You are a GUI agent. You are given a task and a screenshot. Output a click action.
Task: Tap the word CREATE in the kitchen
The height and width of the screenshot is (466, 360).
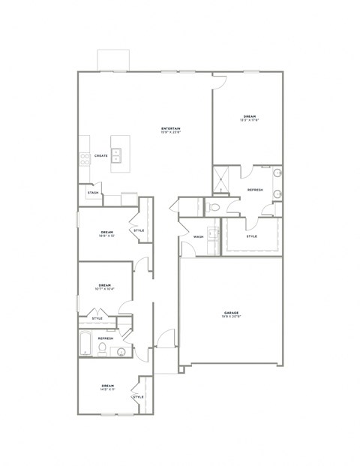[x=100, y=156]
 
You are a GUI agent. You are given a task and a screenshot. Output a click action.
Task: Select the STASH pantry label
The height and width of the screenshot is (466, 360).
[x=93, y=193]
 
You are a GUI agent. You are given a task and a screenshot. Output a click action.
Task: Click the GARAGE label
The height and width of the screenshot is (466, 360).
[x=231, y=312]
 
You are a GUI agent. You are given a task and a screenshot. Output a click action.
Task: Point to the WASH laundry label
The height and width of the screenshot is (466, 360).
[x=198, y=236]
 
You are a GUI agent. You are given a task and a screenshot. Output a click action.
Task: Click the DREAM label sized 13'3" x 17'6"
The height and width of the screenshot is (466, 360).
[x=249, y=116]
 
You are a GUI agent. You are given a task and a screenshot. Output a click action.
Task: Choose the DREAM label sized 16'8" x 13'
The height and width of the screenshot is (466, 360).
[x=106, y=233]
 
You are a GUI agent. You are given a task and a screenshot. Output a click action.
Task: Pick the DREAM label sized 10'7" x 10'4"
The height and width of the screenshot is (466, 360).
[x=104, y=285]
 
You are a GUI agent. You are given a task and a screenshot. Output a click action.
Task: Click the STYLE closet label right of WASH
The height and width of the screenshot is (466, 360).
[x=251, y=236]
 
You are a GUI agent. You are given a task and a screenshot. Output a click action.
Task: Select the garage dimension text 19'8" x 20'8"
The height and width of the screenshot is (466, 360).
[x=231, y=317]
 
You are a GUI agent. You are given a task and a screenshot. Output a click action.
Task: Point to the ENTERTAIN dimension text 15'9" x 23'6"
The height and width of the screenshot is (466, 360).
[x=170, y=134]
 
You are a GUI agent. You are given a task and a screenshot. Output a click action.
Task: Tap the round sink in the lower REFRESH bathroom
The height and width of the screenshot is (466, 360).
[x=121, y=350]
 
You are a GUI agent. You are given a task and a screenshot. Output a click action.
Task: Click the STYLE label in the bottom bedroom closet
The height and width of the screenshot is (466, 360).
[x=138, y=396]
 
